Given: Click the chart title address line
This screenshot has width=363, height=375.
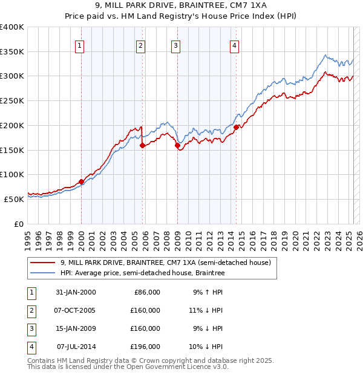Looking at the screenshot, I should click(181, 5).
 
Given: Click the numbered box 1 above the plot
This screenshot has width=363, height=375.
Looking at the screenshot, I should click(80, 45).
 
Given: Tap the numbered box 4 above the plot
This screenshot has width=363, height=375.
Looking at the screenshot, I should click(234, 45).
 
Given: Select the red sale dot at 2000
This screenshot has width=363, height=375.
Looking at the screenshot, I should click(81, 181).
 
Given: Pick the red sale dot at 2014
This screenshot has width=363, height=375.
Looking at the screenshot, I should click(236, 126).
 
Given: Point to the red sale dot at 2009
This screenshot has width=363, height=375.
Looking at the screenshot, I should click(177, 145).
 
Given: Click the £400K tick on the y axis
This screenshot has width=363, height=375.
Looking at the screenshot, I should click(12, 27).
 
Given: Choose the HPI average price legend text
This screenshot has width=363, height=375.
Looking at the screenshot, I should click(142, 273).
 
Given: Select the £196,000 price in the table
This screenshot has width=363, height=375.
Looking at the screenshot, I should click(146, 347).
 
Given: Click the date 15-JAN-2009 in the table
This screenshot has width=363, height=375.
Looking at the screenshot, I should click(76, 328).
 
